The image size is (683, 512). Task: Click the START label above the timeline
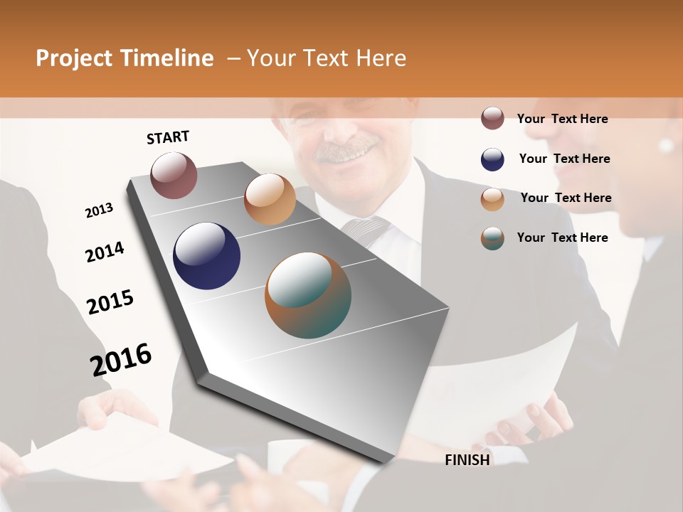(x=168, y=137)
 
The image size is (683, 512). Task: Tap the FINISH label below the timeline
(x=467, y=460)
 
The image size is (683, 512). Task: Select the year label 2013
(x=99, y=210)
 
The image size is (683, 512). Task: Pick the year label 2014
(x=105, y=252)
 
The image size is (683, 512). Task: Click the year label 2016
(x=121, y=360)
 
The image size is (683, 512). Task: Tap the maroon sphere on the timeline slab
(x=174, y=175)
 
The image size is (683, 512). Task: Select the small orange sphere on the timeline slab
(x=270, y=199)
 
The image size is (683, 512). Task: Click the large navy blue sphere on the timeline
(x=206, y=256)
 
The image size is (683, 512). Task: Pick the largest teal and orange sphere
(x=308, y=295)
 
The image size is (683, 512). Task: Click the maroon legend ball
(x=492, y=118)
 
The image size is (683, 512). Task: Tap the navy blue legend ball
(x=492, y=159)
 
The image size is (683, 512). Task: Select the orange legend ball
(x=492, y=199)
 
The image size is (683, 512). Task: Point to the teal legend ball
(x=492, y=238)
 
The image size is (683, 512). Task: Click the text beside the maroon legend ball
(x=562, y=119)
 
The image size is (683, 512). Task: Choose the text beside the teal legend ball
(x=562, y=238)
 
